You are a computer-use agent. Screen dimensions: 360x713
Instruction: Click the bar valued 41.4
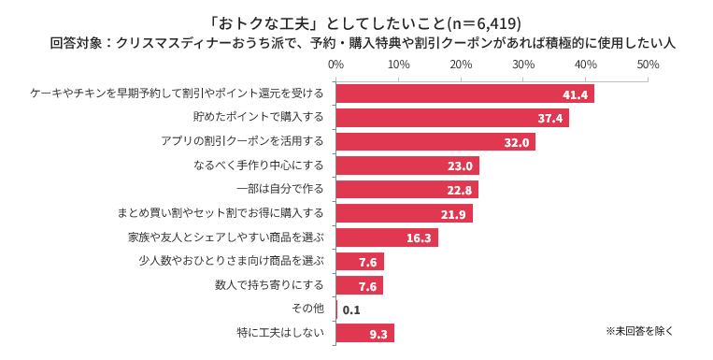pyautogui.click(x=464, y=94)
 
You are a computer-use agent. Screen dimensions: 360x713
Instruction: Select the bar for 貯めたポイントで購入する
pyautogui.click(x=452, y=118)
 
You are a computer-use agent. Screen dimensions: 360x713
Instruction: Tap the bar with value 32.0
pyautogui.click(x=435, y=142)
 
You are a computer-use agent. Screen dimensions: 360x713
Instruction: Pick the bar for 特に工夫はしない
pyautogui.click(x=364, y=333)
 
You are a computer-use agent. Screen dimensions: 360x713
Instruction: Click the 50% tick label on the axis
pyautogui.click(x=648, y=65)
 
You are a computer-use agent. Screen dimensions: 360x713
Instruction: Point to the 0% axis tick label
pyautogui.click(x=336, y=65)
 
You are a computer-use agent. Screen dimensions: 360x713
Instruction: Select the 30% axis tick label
pyautogui.click(x=523, y=65)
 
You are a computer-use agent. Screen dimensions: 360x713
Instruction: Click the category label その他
pyautogui.click(x=308, y=309)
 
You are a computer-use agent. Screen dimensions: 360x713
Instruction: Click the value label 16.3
pyautogui.click(x=418, y=238)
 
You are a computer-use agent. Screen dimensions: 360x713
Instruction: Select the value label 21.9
pyautogui.click(x=453, y=214)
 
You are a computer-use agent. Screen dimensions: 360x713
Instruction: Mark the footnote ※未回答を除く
pyautogui.click(x=639, y=330)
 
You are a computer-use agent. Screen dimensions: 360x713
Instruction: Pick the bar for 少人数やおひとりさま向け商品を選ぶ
pyautogui.click(x=360, y=261)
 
